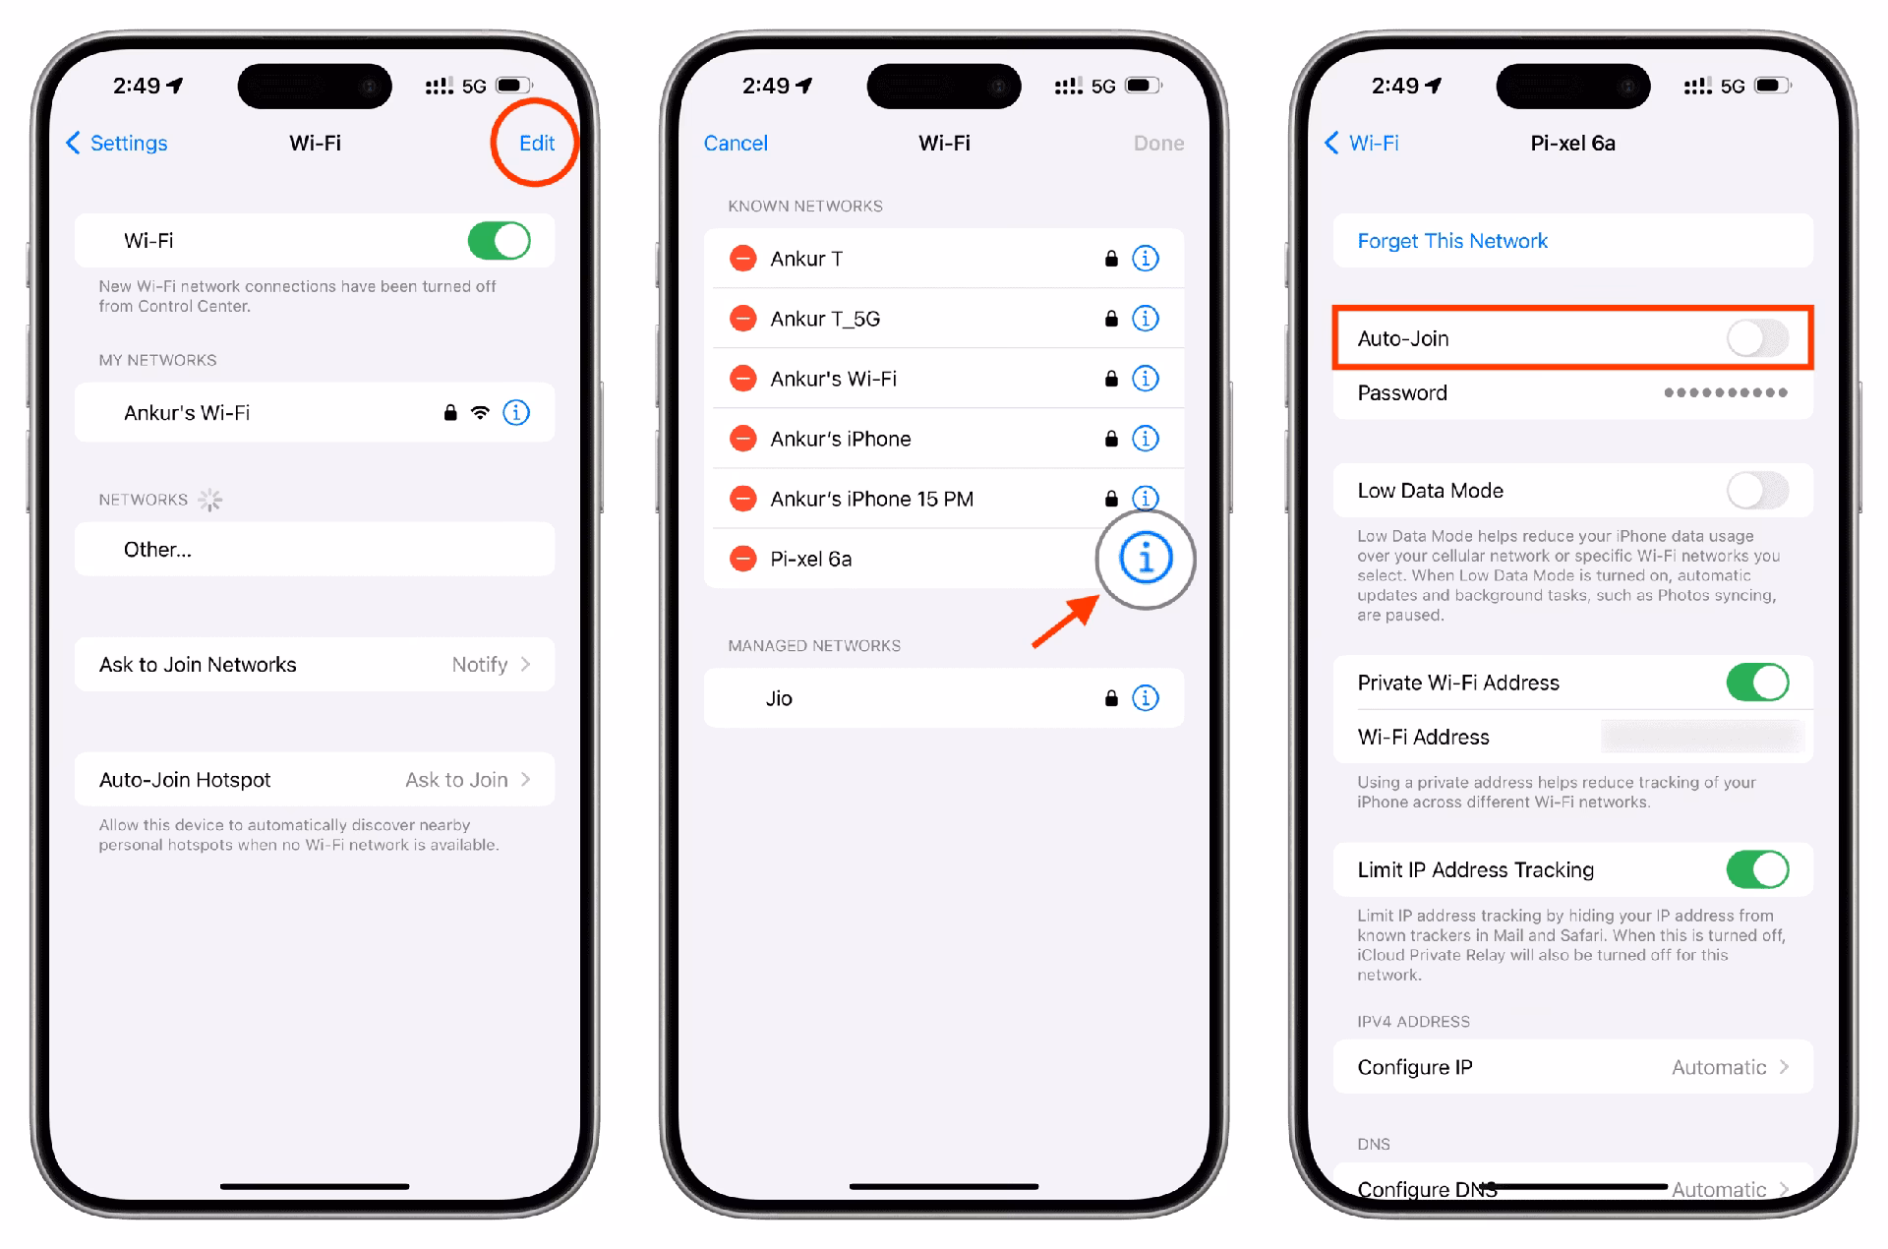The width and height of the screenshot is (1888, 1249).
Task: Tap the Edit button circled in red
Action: point(536,144)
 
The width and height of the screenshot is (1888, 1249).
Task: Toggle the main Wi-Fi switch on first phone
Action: point(499,241)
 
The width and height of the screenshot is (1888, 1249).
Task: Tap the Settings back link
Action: point(117,144)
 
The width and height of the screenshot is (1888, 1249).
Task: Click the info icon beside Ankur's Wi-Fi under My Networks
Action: point(516,413)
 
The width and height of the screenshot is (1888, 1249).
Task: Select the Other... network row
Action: point(314,550)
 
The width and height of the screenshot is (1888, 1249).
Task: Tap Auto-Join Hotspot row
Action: point(314,780)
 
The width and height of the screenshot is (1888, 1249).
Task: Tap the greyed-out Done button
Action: point(1157,144)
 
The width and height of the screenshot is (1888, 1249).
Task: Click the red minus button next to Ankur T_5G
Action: point(742,319)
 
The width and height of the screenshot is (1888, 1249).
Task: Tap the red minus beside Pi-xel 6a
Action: point(742,559)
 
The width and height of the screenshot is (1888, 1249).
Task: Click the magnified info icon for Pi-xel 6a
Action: point(1145,559)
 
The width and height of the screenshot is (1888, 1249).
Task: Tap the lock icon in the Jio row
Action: point(1110,698)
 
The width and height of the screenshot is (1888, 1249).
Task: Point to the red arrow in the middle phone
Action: point(1067,623)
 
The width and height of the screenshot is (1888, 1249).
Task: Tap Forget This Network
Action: point(1451,241)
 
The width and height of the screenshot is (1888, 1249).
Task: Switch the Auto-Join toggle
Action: point(1756,338)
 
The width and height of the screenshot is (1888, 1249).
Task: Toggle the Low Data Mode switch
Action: point(1756,491)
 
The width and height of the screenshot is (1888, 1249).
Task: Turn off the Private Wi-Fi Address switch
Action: point(1756,683)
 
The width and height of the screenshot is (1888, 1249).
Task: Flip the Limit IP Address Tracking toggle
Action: point(1756,869)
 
